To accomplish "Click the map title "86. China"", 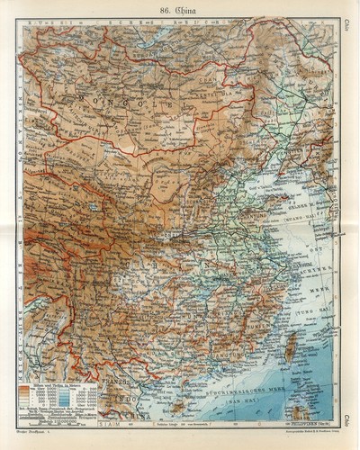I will [181, 12].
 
